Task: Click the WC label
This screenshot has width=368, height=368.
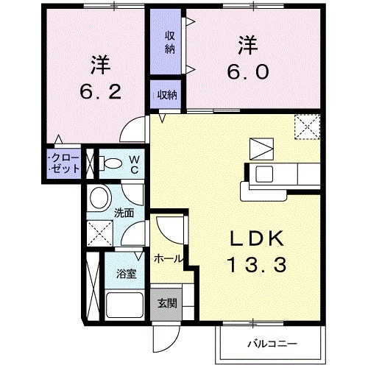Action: [135, 163]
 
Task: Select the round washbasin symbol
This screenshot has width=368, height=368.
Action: [99, 197]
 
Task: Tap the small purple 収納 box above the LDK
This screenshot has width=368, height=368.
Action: [167, 94]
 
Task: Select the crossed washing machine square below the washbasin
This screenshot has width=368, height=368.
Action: [99, 234]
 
